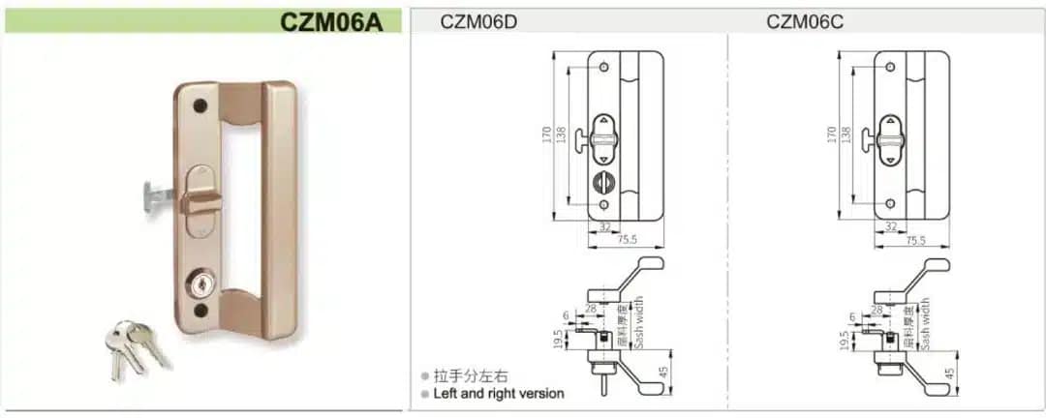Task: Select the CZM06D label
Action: [x=478, y=21]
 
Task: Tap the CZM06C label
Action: [x=805, y=21]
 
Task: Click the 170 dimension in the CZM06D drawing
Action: [x=547, y=133]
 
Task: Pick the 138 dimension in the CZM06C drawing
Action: [x=846, y=134]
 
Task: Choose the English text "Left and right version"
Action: [x=499, y=394]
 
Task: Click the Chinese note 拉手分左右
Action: [x=471, y=376]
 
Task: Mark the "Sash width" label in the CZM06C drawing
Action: [x=924, y=322]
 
